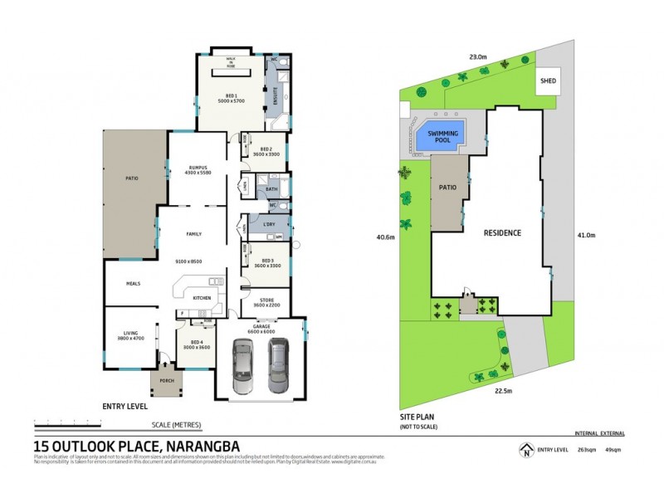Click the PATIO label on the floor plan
click(132, 178)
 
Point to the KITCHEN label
click(202, 297)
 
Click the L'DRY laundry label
click(270, 226)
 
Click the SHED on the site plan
click(547, 81)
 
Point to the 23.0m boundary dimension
click(477, 56)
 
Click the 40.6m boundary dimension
click(383, 237)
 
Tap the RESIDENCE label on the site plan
click(502, 232)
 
